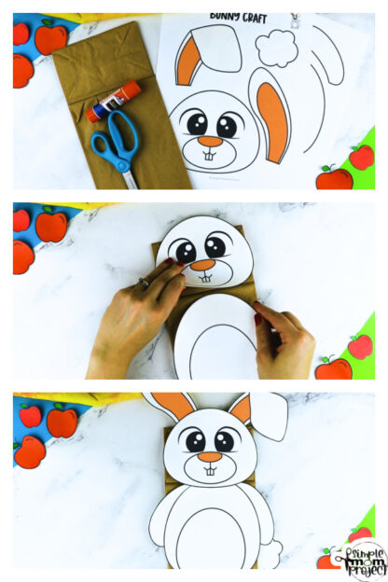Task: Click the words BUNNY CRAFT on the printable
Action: [x=240, y=18]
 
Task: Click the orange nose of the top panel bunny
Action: [x=210, y=142]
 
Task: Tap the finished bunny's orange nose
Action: [x=210, y=457]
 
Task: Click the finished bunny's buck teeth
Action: [x=210, y=470]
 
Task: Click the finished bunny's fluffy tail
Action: [x=270, y=554]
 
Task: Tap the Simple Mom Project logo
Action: [x=362, y=559]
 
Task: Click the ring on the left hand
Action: [x=143, y=283]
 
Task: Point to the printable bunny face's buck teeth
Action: [x=210, y=155]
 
